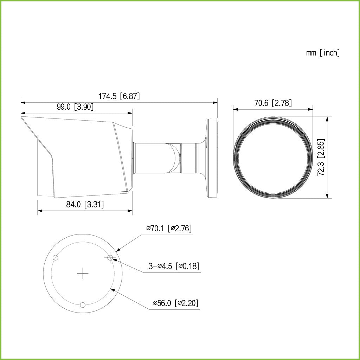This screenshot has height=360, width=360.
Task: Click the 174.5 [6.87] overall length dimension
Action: pyautogui.click(x=119, y=96)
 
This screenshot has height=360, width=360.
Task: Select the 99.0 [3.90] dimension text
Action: pyautogui.click(x=75, y=107)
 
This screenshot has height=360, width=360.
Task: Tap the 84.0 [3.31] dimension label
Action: pyautogui.click(x=85, y=204)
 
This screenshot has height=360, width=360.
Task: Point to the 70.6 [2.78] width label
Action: pyautogui.click(x=273, y=103)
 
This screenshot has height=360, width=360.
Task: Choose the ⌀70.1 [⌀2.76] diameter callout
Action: pyautogui.click(x=169, y=229)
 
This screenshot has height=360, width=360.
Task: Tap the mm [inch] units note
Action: pyautogui.click(x=323, y=53)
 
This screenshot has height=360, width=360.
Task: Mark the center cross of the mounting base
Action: pyautogui.click(x=83, y=274)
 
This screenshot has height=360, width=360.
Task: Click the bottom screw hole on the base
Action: pyautogui.click(x=83, y=305)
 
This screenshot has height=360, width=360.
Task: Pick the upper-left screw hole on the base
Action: pyautogui.click(x=55, y=258)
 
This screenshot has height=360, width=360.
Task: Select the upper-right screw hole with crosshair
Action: pyautogui.click(x=110, y=258)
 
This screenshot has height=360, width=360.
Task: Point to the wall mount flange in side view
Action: pyautogui.click(x=212, y=158)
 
